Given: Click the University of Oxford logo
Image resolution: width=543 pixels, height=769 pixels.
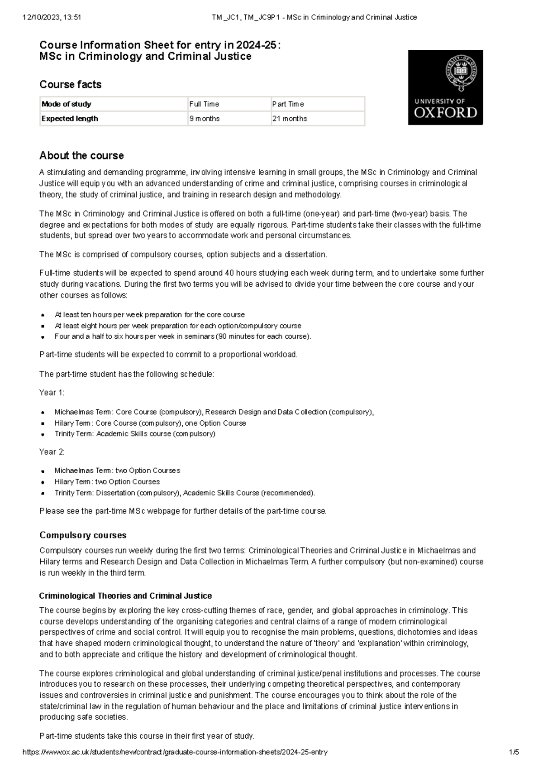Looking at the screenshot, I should (x=445, y=87).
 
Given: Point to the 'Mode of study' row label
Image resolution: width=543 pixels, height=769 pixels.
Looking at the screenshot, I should (x=67, y=104).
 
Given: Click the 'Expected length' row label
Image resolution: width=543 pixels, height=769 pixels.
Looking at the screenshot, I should (x=70, y=119).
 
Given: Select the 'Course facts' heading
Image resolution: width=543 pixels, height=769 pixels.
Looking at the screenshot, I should (x=70, y=85).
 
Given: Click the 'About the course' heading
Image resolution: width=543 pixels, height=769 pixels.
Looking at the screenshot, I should (x=81, y=156).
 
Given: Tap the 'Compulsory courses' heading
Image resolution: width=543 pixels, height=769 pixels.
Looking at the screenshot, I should (x=83, y=535).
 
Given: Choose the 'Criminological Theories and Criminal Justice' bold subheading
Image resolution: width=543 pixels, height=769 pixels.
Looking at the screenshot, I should (x=125, y=596).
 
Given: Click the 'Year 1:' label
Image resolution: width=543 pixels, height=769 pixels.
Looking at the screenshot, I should (x=52, y=393).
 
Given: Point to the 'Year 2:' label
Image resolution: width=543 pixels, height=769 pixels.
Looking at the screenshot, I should (x=52, y=452).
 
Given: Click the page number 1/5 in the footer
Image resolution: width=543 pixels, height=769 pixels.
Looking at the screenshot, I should (x=514, y=752).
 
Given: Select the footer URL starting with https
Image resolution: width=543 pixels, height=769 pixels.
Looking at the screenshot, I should (x=175, y=752).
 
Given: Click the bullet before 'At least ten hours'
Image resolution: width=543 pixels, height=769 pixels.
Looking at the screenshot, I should (x=43, y=315).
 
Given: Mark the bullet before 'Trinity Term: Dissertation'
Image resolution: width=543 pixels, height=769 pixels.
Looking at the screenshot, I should (x=43, y=493).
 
